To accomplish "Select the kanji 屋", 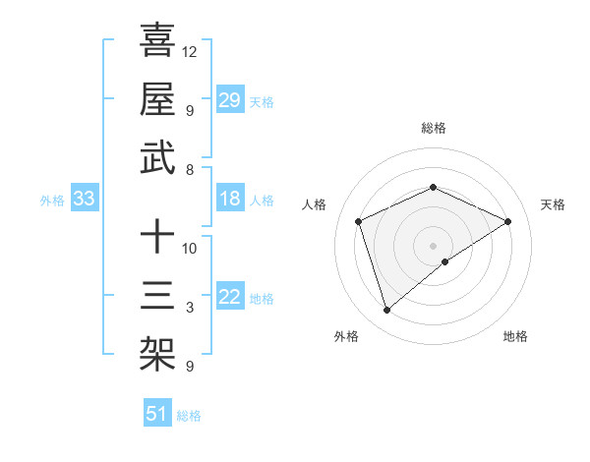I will click(x=157, y=98).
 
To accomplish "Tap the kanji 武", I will click(x=157, y=157).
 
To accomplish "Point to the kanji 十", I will click(x=157, y=236).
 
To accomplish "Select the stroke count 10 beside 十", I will click(x=190, y=248).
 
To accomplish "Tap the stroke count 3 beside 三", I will click(x=190, y=308).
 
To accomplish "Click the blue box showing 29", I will click(x=229, y=99).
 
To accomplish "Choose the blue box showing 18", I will click(x=229, y=200).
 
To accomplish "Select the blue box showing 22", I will click(x=229, y=298).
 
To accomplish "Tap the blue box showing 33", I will click(x=84, y=200).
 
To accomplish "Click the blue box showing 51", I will click(x=156, y=414).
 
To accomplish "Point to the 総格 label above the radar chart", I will click(x=433, y=128).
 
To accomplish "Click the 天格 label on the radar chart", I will click(x=553, y=204).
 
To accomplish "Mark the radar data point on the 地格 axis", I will click(x=445, y=261).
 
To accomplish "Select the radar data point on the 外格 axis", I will click(x=386, y=311).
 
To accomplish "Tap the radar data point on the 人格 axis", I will click(x=359, y=221).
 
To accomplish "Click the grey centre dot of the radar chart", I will click(x=433, y=245).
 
